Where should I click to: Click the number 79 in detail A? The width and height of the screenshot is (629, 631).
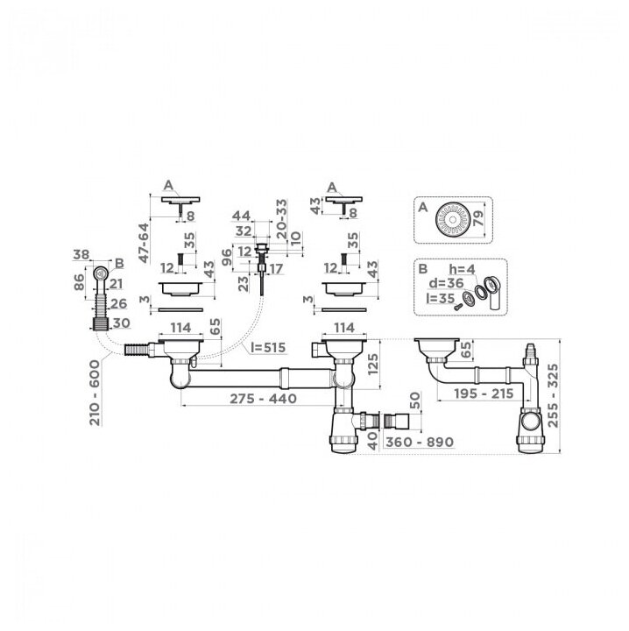pos(479,217)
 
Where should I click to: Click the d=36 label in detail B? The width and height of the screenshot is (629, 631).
pos(449,283)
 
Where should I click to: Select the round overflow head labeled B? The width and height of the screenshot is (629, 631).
pos(101,274)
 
